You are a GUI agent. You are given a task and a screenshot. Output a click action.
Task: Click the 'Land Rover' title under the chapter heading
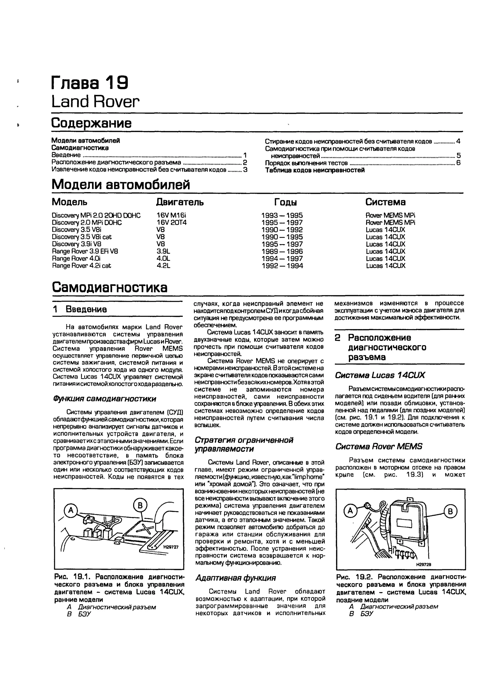coord(95,102)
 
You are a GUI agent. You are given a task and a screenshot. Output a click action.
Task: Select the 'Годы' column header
coord(285,202)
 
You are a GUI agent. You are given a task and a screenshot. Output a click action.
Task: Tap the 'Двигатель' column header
coord(180,202)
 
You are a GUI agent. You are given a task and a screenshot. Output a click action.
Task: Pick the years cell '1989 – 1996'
coord(282,251)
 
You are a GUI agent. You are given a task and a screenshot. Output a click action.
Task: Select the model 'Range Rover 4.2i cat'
coord(81,266)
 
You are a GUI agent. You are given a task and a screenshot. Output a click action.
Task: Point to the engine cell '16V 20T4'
coord(172,222)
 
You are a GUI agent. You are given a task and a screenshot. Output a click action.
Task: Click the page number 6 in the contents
coord(458,163)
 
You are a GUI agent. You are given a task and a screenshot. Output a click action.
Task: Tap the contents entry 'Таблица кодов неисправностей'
coord(315,170)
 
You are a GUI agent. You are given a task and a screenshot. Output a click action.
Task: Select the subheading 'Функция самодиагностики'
coord(104,399)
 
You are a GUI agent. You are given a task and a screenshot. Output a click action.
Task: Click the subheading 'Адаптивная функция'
coord(235,578)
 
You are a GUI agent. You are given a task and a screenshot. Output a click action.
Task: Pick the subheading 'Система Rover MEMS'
coord(379,446)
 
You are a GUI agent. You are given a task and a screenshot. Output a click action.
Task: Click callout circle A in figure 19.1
coord(71,510)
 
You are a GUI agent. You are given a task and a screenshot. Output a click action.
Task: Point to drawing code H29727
coord(171,547)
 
